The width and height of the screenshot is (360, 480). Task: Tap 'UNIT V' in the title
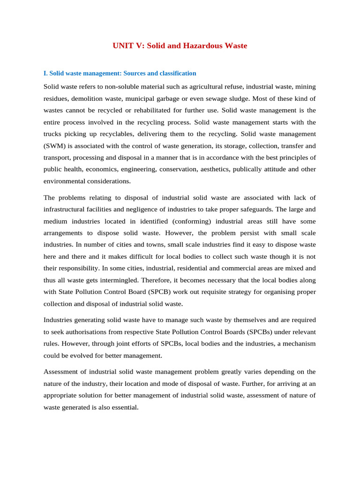click(x=126, y=46)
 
